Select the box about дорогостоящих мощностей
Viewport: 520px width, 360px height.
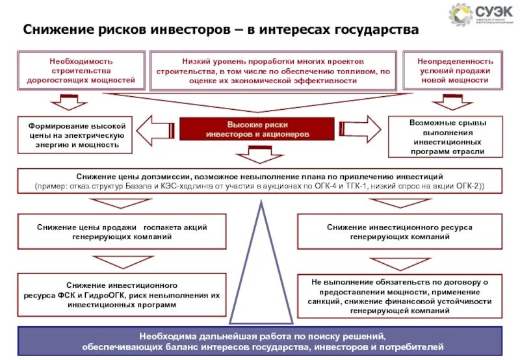(x=81, y=71)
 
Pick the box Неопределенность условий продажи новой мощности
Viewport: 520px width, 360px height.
(x=454, y=71)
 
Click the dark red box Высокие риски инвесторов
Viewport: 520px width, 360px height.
(x=257, y=129)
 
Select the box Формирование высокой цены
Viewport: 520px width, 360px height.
(x=77, y=135)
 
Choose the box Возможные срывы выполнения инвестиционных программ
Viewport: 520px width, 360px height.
(x=447, y=136)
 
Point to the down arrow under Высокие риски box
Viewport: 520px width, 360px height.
(x=257, y=153)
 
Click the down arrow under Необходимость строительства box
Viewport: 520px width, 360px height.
(x=64, y=102)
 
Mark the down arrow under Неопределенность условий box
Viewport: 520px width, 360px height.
(x=452, y=102)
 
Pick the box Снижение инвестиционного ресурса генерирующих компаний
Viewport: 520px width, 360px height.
(x=400, y=232)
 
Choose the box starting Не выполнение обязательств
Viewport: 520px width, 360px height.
(x=400, y=295)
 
